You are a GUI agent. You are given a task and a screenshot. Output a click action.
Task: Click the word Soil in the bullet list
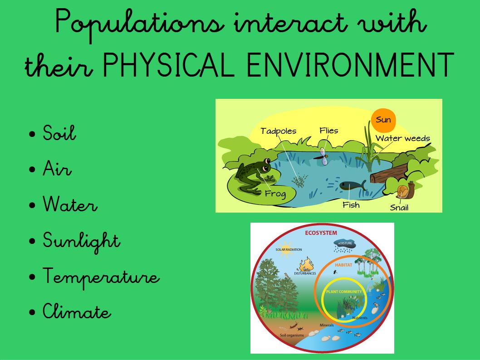tap(59, 133)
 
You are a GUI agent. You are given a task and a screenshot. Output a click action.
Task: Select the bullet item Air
tap(57, 169)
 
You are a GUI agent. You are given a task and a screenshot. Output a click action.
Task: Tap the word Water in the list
tap(70, 204)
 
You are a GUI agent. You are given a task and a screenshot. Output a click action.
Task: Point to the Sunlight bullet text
tap(81, 241)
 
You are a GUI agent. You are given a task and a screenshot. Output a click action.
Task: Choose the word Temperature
tap(101, 277)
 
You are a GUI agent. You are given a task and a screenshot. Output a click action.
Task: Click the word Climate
tap(77, 312)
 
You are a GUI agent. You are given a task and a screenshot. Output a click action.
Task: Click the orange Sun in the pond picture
tap(383, 120)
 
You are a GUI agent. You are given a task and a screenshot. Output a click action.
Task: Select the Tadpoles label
tap(278, 131)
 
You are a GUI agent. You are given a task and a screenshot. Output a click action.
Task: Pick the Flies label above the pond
tap(329, 131)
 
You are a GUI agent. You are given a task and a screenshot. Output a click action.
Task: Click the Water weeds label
tap(403, 138)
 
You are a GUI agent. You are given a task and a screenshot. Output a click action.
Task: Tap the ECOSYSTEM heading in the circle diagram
tap(321, 233)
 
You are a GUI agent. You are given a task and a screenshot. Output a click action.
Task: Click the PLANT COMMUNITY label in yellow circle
tap(344, 292)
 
